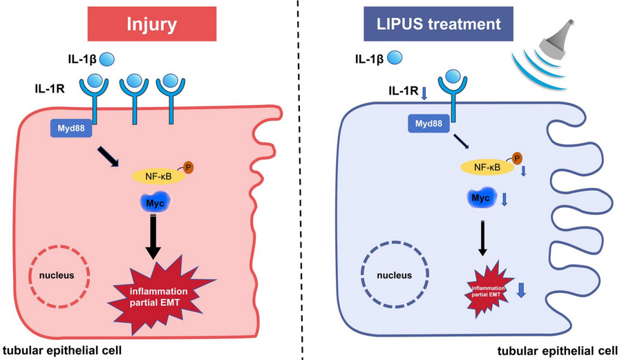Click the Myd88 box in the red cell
pyautogui.click(x=73, y=128)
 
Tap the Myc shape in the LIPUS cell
pyautogui.click(x=481, y=199)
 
